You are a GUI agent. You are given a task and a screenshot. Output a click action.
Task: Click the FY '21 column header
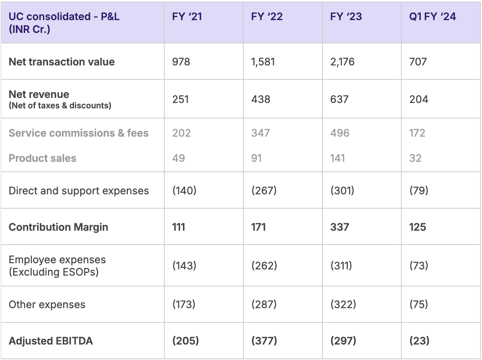tap(187, 17)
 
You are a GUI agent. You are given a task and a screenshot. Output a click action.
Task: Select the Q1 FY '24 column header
tap(432, 17)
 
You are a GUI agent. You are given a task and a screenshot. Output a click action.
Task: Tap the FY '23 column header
tap(346, 17)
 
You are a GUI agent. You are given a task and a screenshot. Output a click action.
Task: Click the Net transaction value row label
tap(62, 62)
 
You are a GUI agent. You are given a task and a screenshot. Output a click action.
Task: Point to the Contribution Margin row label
tap(59, 227)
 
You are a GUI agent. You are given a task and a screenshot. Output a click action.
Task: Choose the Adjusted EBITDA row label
tap(51, 341)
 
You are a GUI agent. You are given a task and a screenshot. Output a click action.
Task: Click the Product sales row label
tap(42, 158)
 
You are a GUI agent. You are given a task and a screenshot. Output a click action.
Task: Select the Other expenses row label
tap(47, 305)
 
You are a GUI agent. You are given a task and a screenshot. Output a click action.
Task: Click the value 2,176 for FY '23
tap(343, 62)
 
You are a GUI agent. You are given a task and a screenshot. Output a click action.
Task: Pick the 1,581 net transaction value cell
tap(263, 62)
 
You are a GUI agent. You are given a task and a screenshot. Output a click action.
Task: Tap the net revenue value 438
tap(261, 99)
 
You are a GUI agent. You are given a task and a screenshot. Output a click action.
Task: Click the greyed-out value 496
tap(340, 133)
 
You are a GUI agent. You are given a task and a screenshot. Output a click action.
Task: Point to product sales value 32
tap(415, 158)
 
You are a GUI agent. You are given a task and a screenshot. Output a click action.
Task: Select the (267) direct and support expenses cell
tap(264, 190)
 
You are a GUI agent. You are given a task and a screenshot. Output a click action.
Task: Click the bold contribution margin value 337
tap(339, 227)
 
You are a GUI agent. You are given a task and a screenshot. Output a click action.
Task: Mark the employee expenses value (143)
tap(184, 266)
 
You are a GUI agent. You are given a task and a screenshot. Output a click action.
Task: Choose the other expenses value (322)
tap(343, 304)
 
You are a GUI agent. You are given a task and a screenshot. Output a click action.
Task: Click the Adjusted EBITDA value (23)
tap(419, 341)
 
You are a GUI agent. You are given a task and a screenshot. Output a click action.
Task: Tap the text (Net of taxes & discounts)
tap(60, 106)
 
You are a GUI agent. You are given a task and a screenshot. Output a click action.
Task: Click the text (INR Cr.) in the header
tap(29, 29)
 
